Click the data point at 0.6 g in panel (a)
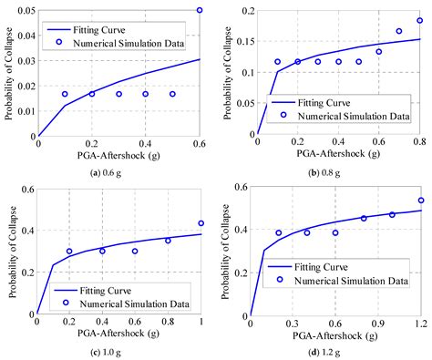pos(200,10)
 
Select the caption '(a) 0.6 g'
pos(118,170)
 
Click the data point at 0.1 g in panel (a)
pos(65,94)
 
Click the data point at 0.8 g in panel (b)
pos(419,20)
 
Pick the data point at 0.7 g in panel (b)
pos(398,31)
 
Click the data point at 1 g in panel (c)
pos(201,223)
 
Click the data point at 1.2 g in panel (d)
pos(420,201)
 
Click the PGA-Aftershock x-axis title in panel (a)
pos(118,156)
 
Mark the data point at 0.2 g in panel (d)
pos(279,232)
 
